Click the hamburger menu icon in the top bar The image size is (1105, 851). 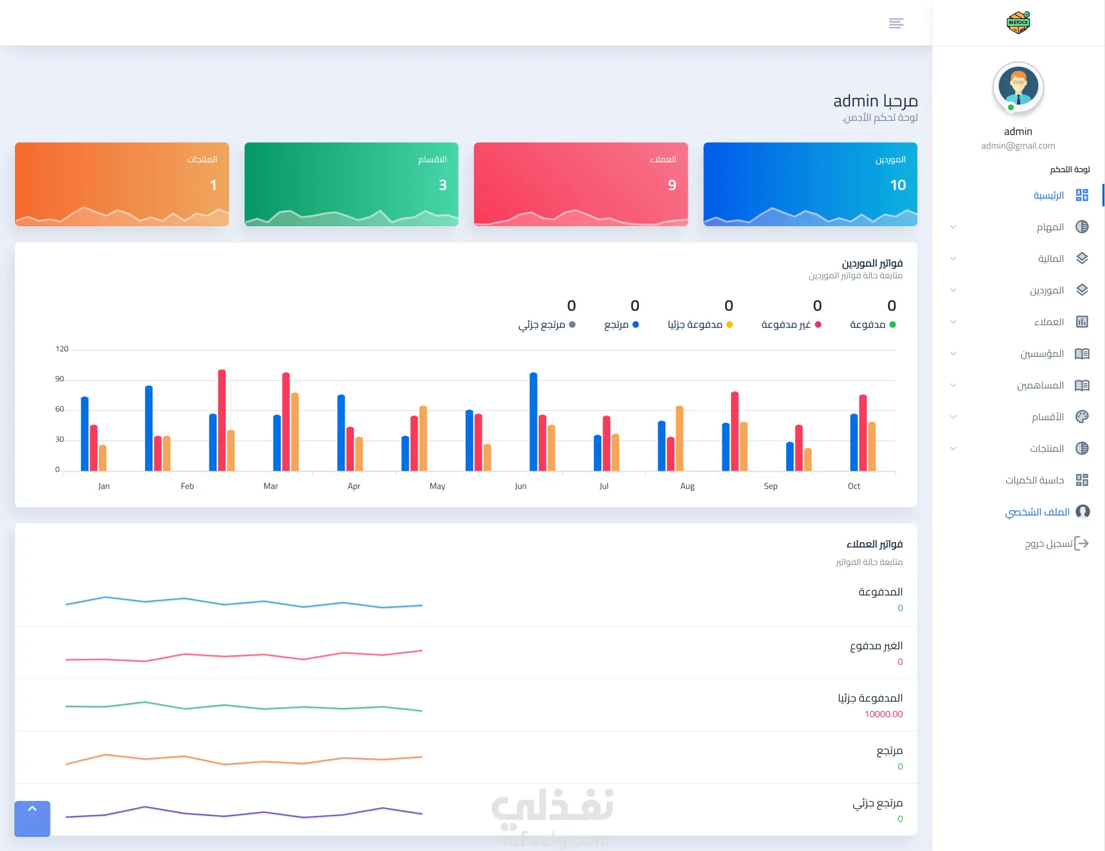tap(896, 23)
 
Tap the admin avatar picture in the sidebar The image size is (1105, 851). tap(1018, 87)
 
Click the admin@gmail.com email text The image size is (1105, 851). tap(1018, 146)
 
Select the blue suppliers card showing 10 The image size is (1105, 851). tap(810, 184)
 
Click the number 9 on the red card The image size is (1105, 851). tap(672, 185)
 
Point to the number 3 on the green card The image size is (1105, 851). tap(443, 185)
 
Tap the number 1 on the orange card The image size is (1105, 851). tap(214, 185)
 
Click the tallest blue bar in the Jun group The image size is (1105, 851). tap(534, 422)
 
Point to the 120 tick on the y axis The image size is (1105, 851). tap(62, 349)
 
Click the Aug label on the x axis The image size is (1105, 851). tap(687, 486)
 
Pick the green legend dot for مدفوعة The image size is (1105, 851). tap(893, 325)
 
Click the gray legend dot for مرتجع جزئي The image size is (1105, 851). tap(572, 325)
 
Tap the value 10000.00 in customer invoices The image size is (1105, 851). tap(883, 714)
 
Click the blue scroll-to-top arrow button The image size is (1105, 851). tap(32, 818)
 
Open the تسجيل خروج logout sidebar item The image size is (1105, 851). tap(1057, 543)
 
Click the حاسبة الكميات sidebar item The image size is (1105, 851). tap(1047, 480)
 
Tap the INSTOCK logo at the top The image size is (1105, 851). tap(1018, 22)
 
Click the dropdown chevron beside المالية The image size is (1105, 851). tap(953, 258)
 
